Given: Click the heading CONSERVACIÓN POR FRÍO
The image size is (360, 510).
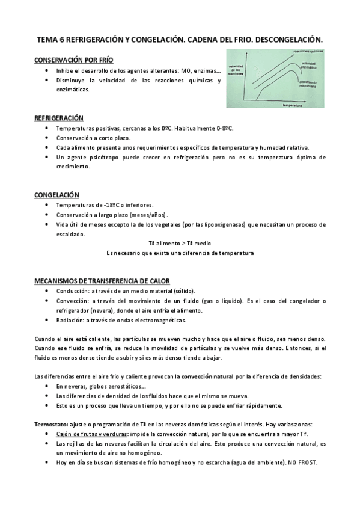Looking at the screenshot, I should (x=73, y=60).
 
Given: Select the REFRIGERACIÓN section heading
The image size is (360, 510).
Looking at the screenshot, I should (x=59, y=118).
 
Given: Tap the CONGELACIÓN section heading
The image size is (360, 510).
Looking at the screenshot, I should (x=56, y=195).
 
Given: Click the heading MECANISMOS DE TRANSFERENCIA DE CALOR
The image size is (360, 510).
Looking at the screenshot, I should (x=102, y=281).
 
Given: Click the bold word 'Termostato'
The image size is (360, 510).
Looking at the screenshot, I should (x=50, y=425).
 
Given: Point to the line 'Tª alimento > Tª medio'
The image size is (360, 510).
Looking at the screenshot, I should (x=180, y=244).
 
